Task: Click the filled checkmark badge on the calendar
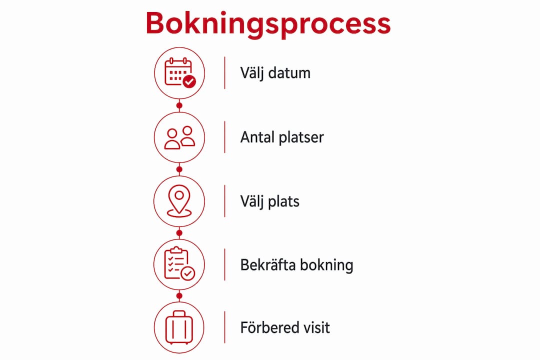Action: pyautogui.click(x=189, y=81)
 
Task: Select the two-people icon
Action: pyautogui.click(x=179, y=137)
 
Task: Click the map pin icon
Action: pyautogui.click(x=179, y=201)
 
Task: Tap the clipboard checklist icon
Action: pyautogui.click(x=179, y=263)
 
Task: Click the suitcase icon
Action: pyautogui.click(x=179, y=327)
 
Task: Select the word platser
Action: pyautogui.click(x=301, y=138)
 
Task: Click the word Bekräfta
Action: pyautogui.click(x=268, y=265)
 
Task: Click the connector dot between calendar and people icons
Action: pyautogui.click(x=179, y=105)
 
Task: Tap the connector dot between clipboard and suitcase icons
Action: pyautogui.click(x=179, y=296)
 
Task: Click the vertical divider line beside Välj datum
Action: pyautogui.click(x=225, y=73)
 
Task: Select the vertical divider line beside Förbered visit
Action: pyautogui.click(x=225, y=327)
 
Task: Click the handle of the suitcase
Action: pyautogui.click(x=179, y=313)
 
